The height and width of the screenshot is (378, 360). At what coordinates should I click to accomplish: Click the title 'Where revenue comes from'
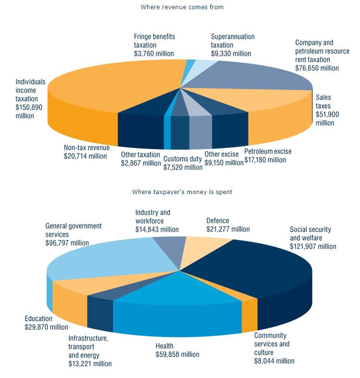click(182, 7)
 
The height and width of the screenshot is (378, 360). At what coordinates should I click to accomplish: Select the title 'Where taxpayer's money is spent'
click(182, 192)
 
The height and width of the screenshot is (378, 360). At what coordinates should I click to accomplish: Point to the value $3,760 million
click(154, 53)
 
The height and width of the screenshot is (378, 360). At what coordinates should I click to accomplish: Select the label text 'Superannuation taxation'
click(233, 41)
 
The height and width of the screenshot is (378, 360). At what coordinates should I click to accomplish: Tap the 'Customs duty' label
click(182, 159)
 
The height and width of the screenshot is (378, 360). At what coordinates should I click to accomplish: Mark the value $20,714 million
click(85, 156)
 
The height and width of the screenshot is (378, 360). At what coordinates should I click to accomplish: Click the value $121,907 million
click(313, 246)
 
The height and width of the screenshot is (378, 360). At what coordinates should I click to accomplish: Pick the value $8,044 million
click(274, 361)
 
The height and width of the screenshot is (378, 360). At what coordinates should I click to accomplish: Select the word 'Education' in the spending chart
click(38, 319)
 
